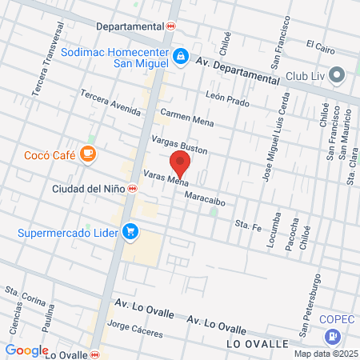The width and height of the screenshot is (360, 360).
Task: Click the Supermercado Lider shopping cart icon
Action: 130,233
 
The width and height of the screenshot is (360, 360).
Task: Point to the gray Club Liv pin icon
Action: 337,76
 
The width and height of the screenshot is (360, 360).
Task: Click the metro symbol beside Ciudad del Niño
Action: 131,190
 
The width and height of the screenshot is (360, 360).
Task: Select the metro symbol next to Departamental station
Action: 170,26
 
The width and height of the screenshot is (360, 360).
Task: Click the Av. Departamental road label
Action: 235,70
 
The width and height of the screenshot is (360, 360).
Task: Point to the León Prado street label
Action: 228,98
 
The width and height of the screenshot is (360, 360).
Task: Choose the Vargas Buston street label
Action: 180,144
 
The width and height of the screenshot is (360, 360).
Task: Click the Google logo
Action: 27,350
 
